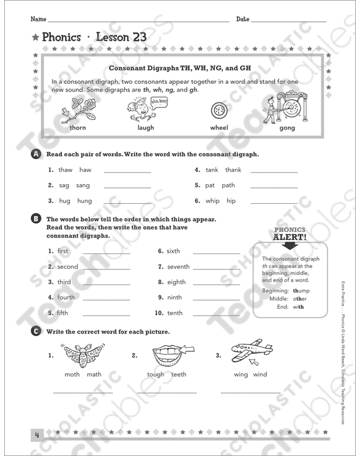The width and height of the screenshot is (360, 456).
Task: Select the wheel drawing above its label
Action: [x=219, y=111]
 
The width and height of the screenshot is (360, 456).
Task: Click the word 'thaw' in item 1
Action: [x=66, y=170]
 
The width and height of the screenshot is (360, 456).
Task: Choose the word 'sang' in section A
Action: [x=83, y=185]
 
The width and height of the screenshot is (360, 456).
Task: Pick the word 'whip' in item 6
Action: [x=212, y=200]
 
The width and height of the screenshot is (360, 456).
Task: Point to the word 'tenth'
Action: [x=174, y=313]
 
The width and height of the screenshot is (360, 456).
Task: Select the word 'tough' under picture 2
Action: [x=156, y=375]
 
